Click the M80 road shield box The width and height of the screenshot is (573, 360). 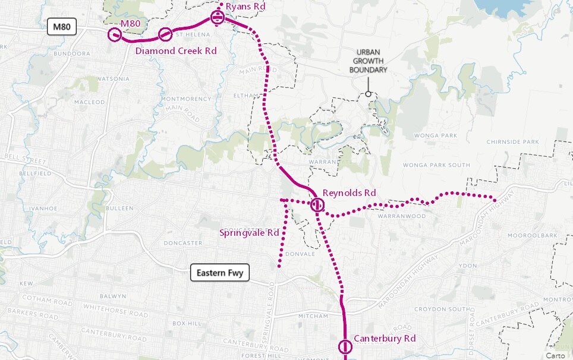tap(62, 27)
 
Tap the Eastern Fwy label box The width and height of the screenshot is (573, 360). tap(220, 273)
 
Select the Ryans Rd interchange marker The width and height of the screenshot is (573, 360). tap(218, 18)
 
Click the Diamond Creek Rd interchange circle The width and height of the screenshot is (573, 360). tap(165, 34)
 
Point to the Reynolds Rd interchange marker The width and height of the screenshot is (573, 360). tap(318, 206)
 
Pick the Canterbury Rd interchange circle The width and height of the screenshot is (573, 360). tap(345, 347)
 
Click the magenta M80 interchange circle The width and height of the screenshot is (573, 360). tap(115, 35)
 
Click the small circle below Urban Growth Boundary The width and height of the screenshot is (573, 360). tap(369, 93)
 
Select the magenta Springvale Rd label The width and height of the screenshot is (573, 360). tap(249, 233)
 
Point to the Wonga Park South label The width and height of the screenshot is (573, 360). tap(436, 165)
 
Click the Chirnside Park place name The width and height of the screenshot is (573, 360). tap(512, 142)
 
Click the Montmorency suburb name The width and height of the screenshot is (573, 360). tap(186, 99)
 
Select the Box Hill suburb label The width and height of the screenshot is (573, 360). tap(188, 323)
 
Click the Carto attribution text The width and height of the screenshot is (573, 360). tap(556, 355)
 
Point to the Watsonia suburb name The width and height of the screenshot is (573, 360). tap(113, 78)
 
